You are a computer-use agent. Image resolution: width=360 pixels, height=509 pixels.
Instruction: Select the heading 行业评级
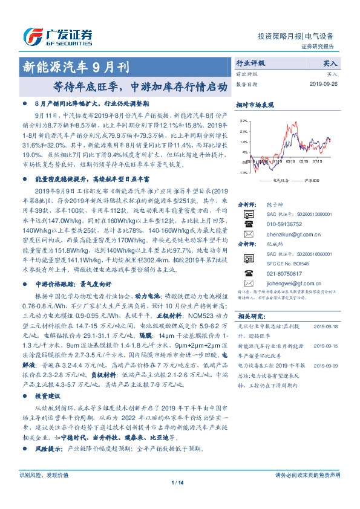[x=250, y=63]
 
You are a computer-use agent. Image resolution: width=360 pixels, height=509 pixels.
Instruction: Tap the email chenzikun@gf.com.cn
[x=288, y=234]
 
